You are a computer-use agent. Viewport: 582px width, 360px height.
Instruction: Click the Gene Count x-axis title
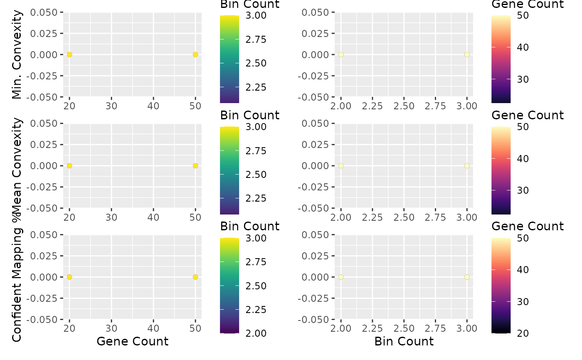[x=132, y=341]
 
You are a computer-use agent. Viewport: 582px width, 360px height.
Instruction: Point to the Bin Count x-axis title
[x=404, y=341]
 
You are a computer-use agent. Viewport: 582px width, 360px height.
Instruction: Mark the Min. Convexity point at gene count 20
[x=69, y=54]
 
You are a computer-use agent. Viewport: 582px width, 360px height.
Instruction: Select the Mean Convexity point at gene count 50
[x=195, y=165]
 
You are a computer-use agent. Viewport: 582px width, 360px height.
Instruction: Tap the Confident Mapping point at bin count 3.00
[x=467, y=277]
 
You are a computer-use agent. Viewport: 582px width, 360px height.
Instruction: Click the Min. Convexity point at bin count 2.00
[x=341, y=54]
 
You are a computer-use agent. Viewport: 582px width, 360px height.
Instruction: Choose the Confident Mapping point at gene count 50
[x=195, y=277]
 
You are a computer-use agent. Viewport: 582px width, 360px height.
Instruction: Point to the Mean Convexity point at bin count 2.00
[x=341, y=165]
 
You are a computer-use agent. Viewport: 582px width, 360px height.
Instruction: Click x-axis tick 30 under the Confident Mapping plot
[x=111, y=328]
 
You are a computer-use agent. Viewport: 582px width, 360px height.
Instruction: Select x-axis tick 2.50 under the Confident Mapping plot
[x=404, y=328]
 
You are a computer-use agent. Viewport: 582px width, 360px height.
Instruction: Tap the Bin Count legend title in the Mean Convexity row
[x=250, y=115]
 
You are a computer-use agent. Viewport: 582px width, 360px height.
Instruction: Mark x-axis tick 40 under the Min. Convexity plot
[x=153, y=106]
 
